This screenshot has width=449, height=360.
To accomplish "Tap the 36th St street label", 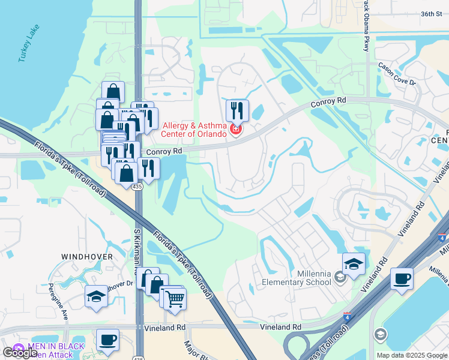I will pos(431,13).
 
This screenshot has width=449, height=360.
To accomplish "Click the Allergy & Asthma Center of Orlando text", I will pos(196,130).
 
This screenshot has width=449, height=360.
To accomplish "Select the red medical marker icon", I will pos(236,130).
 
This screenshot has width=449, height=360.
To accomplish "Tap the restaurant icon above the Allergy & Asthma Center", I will pos(237,110).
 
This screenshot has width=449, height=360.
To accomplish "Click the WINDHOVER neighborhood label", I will pos(87,256).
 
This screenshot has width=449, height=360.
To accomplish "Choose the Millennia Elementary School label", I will pos(297,278).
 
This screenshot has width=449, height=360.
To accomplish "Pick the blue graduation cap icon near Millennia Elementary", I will pos(354,264).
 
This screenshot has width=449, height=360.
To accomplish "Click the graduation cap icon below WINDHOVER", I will pos(96,296).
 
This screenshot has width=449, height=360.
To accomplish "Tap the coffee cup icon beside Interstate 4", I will pos(401,278).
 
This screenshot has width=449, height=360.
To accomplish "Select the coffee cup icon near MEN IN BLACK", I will pos(107,340).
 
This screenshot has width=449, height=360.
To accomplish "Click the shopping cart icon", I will pos(175,298).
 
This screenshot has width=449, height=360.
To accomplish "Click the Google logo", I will pos(20,353).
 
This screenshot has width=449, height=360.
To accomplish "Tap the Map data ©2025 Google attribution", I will pos(411,355).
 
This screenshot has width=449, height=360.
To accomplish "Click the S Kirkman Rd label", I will pos(137,246).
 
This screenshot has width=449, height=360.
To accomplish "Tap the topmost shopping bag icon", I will pos(113,92).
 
